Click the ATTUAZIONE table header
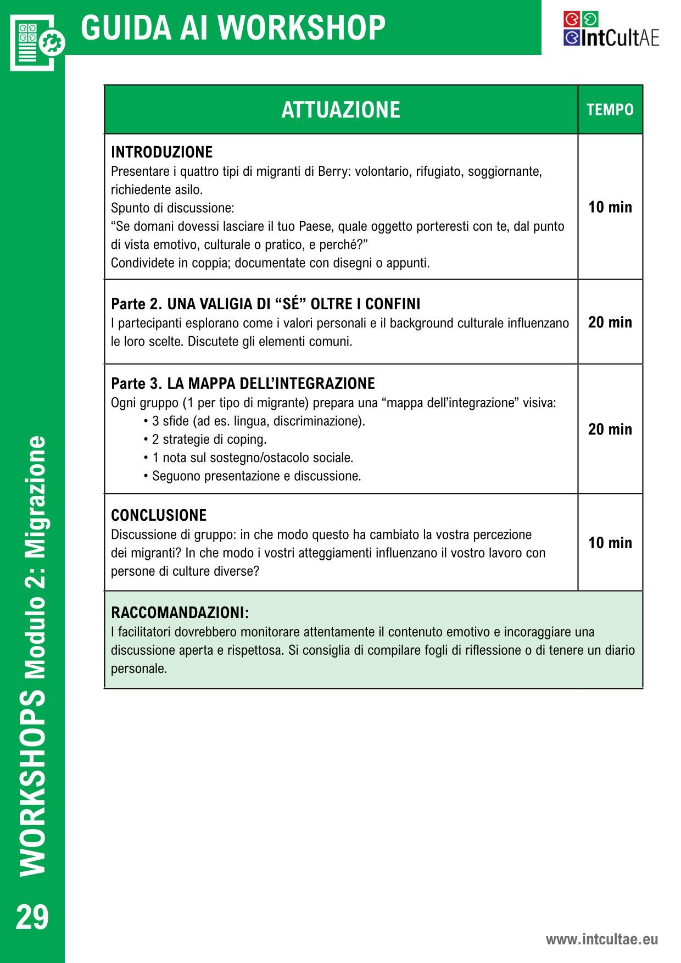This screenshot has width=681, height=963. (x=340, y=109)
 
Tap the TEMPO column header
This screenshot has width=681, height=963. (x=610, y=109)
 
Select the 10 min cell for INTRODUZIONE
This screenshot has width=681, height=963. (x=610, y=207)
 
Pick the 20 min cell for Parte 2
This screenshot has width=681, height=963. (x=610, y=322)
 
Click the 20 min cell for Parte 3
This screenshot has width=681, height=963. (x=610, y=429)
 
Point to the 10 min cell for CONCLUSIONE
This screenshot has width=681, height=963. (x=610, y=543)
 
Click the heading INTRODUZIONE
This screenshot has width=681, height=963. (x=161, y=152)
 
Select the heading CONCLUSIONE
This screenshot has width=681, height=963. (x=159, y=515)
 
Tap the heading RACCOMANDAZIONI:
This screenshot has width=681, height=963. (x=180, y=613)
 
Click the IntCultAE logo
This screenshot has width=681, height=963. (x=611, y=29)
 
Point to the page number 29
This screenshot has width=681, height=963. (x=32, y=917)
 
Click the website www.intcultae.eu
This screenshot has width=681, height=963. (x=601, y=939)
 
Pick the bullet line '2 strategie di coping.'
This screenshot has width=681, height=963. (x=209, y=439)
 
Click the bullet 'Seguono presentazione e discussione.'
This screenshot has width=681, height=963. (x=256, y=476)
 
